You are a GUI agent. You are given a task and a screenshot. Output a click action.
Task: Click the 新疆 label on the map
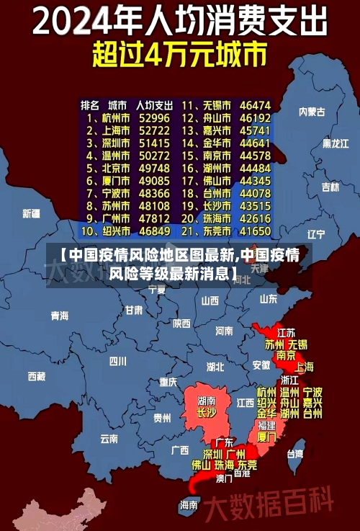31,213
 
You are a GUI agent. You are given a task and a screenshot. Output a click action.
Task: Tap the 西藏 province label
36,376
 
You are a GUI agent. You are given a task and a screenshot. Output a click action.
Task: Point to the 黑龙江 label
336,143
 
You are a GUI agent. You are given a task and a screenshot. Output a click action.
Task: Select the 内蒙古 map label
312,112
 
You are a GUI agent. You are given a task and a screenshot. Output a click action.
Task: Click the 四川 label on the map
117,360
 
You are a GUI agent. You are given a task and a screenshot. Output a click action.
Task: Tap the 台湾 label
295,454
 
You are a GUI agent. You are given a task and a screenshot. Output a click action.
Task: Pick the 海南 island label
189,504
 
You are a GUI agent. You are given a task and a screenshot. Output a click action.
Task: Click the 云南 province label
109,437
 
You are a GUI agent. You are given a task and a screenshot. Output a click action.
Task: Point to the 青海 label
60,316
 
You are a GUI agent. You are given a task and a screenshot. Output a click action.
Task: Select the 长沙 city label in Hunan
207,413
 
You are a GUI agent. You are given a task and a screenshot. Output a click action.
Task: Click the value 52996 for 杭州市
154,117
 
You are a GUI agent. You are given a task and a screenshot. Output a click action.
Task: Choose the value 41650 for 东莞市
255,231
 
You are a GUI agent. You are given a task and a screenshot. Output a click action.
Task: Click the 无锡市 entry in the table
215,104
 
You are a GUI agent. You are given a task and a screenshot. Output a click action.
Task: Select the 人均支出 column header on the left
154,104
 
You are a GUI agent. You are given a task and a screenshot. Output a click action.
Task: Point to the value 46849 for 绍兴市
154,231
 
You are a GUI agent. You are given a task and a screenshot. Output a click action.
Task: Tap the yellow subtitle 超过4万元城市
179,54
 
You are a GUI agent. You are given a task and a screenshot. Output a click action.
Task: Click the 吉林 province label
330,187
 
